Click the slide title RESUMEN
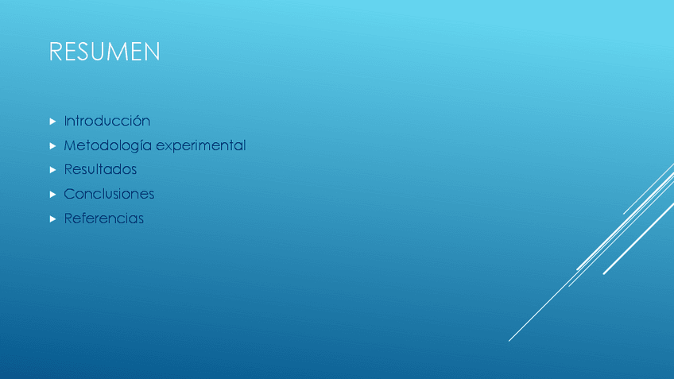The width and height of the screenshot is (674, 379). (x=104, y=52)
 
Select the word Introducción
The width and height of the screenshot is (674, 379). (x=107, y=121)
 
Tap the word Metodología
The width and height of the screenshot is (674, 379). (x=108, y=145)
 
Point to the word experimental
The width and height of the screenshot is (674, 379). (x=201, y=145)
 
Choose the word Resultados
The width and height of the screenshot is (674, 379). (x=100, y=169)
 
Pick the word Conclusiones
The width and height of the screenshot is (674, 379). (x=109, y=194)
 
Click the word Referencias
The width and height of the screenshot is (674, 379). (x=103, y=219)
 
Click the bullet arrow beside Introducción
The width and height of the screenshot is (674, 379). (x=53, y=122)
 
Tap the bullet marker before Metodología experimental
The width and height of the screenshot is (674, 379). (x=53, y=146)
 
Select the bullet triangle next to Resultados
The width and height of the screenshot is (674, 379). (x=53, y=170)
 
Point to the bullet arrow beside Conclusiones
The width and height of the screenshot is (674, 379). (x=53, y=195)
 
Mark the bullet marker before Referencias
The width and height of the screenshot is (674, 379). (x=53, y=219)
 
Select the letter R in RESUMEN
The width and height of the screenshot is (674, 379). (x=55, y=52)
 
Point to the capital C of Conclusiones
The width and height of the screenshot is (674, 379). (x=69, y=194)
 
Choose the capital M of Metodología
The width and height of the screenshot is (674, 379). (x=70, y=145)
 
